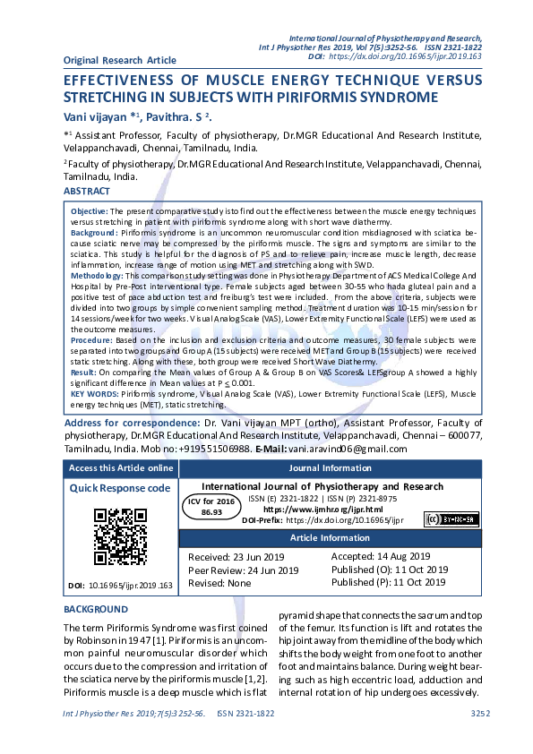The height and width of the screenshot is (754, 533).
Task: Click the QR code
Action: click(x=120, y=536)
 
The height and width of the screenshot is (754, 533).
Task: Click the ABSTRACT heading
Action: click(x=87, y=192)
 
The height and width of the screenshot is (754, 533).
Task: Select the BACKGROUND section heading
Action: click(x=96, y=609)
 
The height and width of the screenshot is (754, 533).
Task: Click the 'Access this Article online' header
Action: click(x=121, y=468)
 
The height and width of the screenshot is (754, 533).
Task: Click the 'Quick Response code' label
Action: click(x=120, y=488)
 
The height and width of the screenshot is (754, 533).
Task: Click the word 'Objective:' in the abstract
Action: click(x=90, y=208)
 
